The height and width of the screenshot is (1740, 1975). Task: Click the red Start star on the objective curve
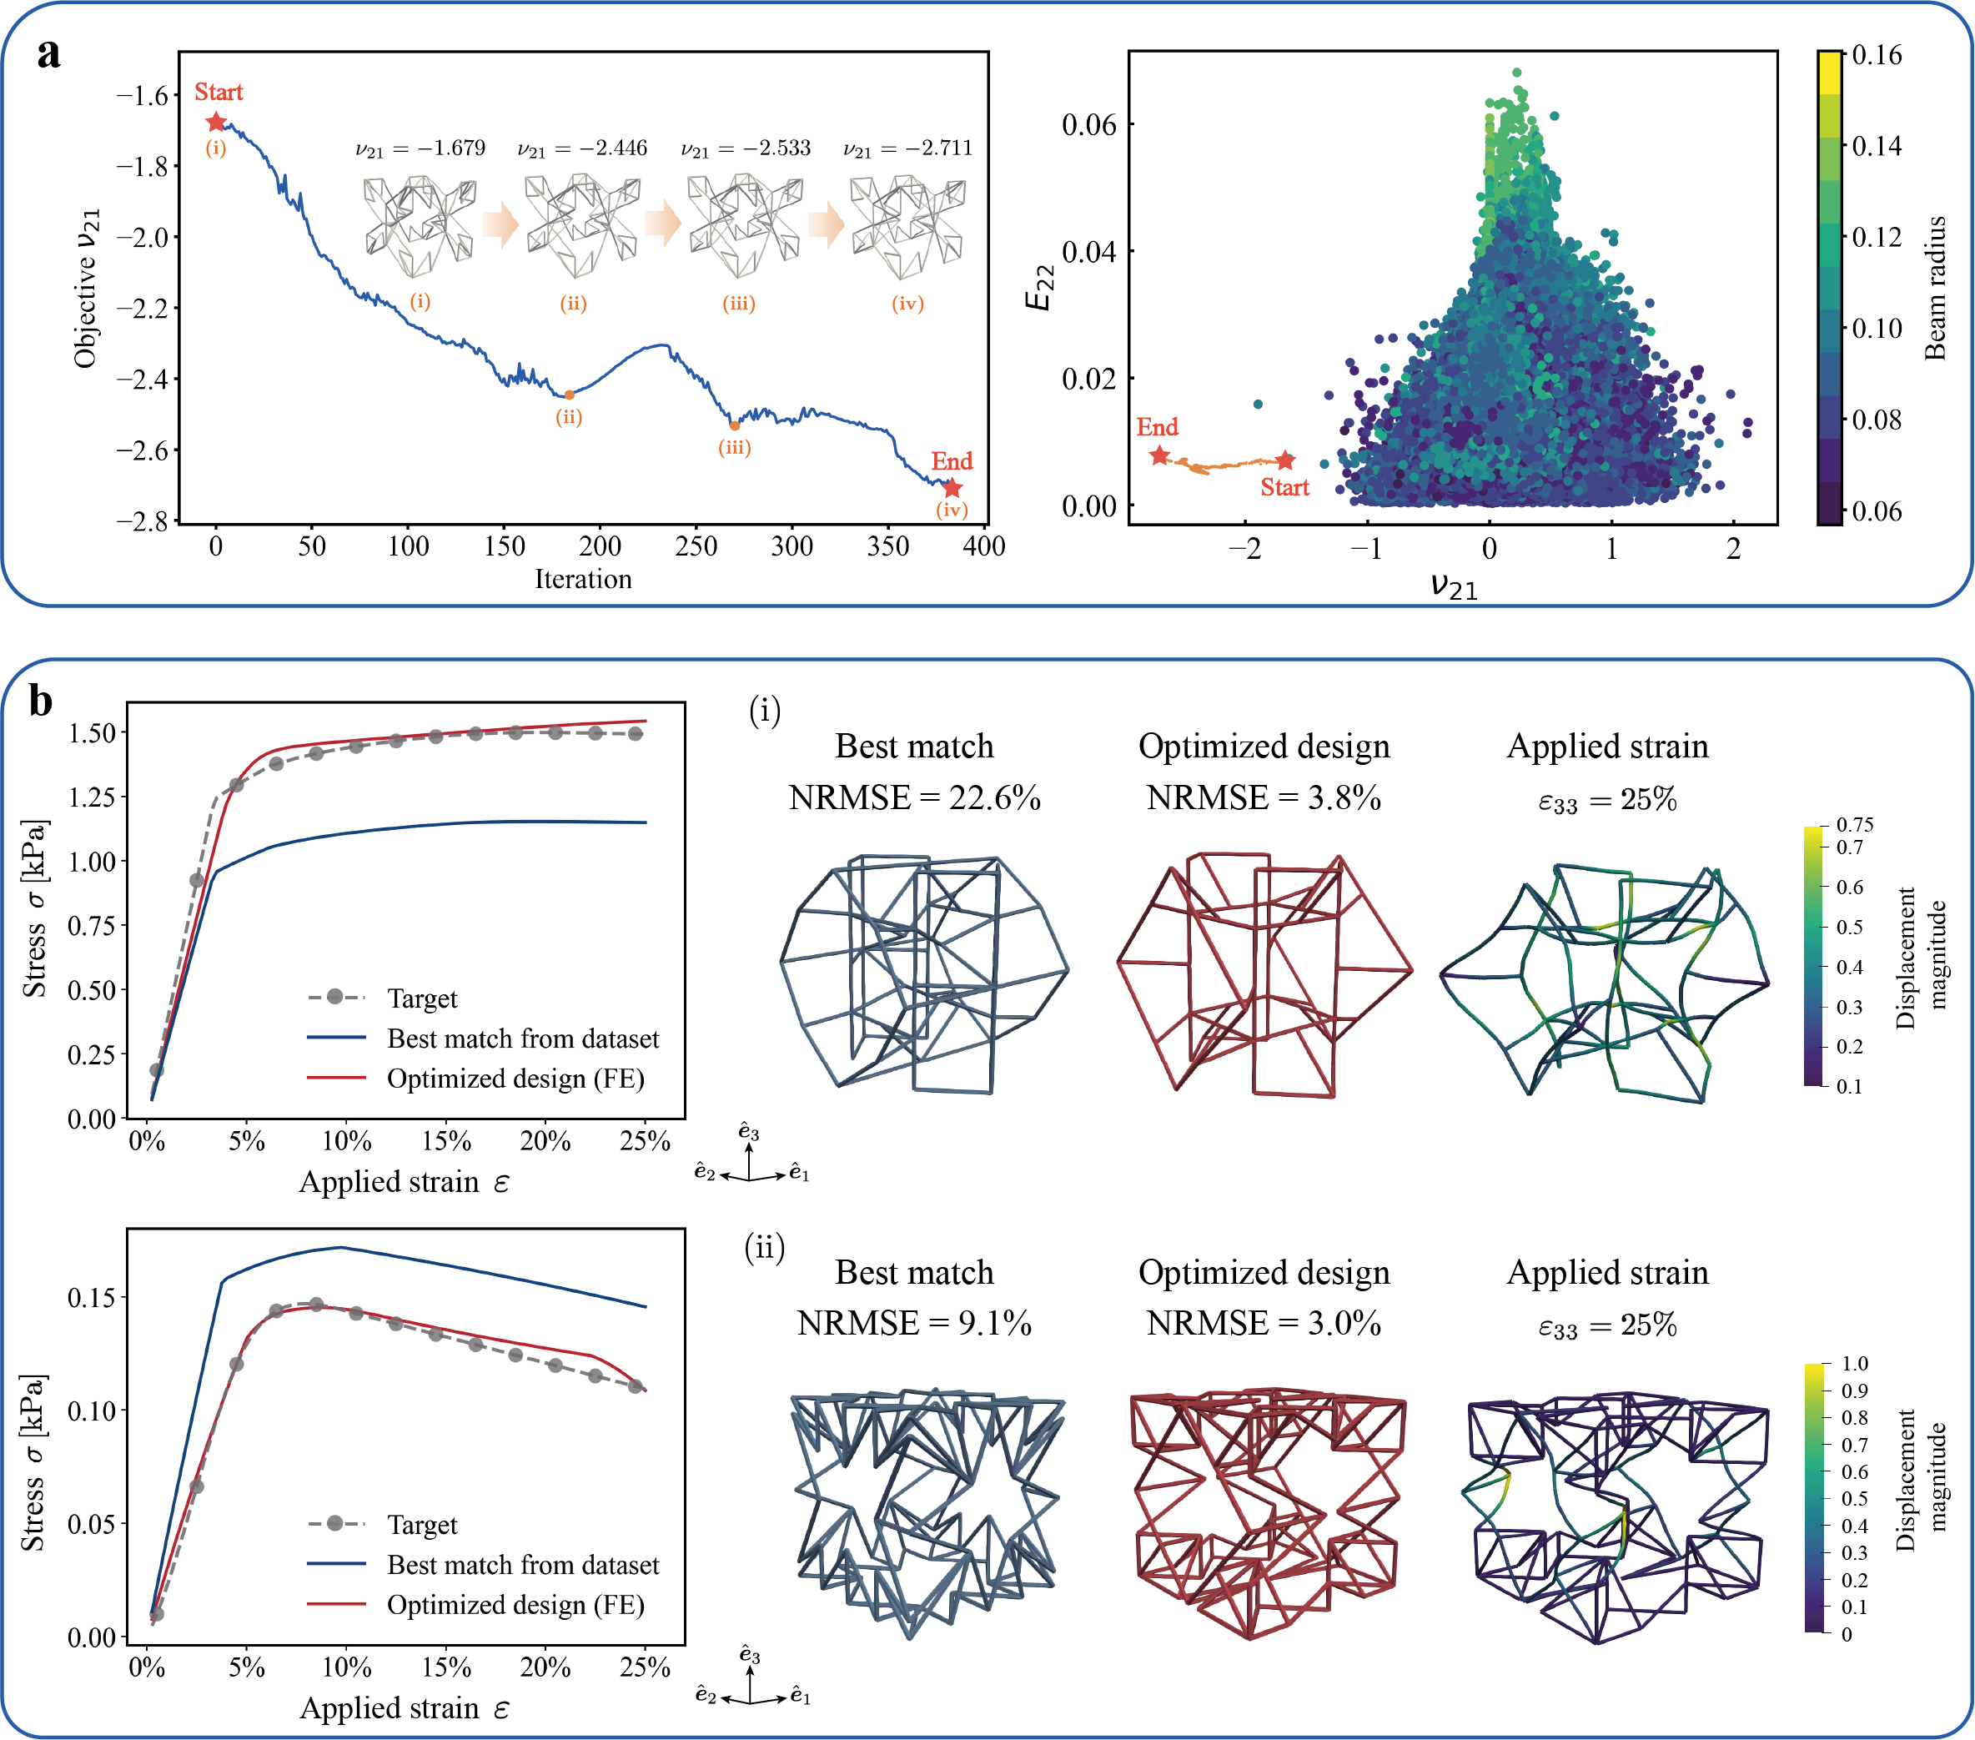point(215,123)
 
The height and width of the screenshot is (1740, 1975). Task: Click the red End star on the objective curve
point(952,488)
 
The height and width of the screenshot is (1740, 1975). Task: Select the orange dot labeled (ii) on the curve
point(569,395)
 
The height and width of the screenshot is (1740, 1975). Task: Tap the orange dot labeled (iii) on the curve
point(734,425)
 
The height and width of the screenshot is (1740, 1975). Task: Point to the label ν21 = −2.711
point(907,148)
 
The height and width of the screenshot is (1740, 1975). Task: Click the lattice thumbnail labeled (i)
point(420,227)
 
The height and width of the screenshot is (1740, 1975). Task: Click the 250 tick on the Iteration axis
point(696,547)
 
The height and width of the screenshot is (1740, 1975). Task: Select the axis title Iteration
point(584,580)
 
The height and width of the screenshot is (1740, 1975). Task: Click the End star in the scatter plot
point(1159,456)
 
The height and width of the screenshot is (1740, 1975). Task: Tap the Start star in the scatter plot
point(1285,460)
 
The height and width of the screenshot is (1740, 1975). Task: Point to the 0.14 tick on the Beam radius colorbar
point(1876,146)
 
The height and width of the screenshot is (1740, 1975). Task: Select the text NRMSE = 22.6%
point(914,798)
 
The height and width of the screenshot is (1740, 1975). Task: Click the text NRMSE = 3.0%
point(1264,1324)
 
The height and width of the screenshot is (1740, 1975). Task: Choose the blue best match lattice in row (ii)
point(926,1512)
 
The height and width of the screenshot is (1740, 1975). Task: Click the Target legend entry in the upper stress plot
point(421,998)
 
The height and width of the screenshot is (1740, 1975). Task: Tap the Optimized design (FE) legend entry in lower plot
point(515,1605)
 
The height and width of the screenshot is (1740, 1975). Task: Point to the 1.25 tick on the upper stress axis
point(92,797)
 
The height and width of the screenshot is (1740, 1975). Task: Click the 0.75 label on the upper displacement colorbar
point(1854,824)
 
